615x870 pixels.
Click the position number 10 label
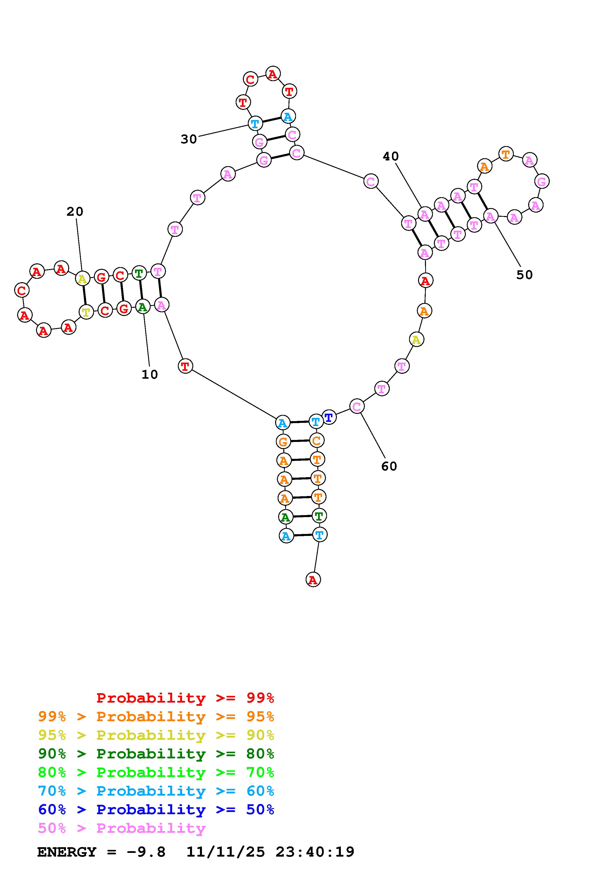(149, 374)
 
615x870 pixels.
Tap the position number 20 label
(75, 212)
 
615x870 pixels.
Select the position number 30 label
(189, 139)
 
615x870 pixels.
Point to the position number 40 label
(391, 156)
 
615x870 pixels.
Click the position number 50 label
(524, 275)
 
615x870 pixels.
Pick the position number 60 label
(389, 466)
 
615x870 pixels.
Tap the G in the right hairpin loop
(542, 182)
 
